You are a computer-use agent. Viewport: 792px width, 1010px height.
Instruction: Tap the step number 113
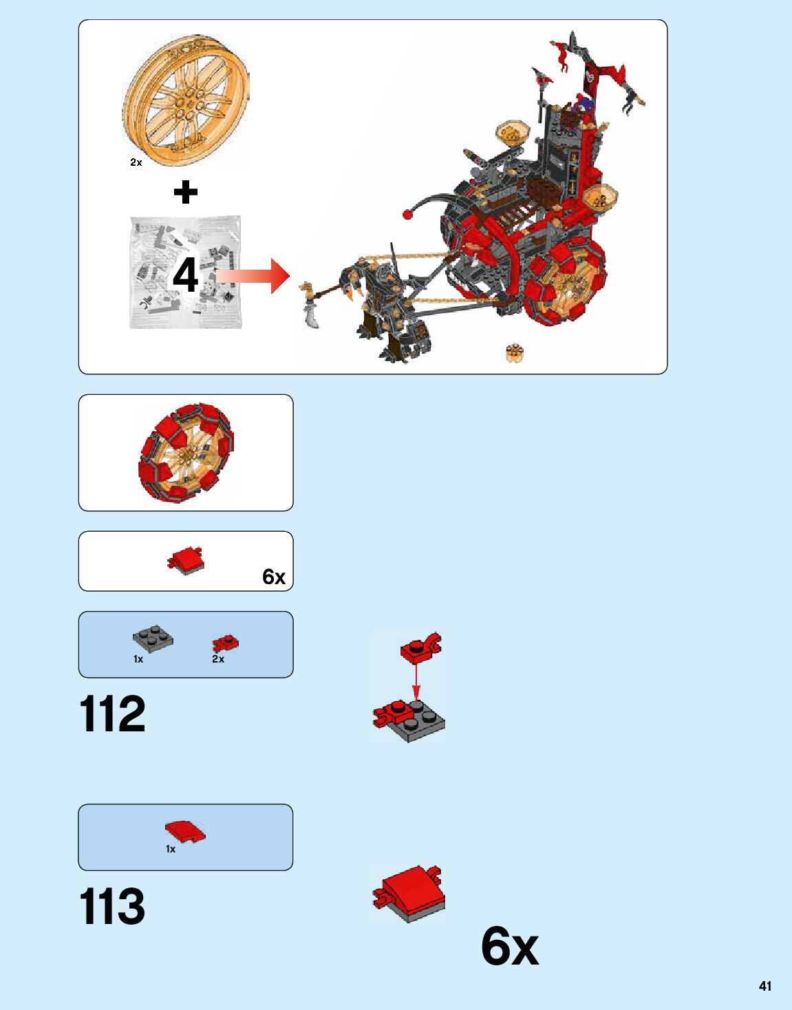[113, 906]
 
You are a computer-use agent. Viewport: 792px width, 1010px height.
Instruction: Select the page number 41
[764, 986]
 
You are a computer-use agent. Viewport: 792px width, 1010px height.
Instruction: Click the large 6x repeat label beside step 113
[509, 947]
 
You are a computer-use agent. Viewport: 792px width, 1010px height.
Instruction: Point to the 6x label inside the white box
[273, 577]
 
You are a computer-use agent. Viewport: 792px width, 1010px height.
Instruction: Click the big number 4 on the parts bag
[185, 275]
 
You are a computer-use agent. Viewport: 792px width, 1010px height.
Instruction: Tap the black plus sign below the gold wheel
[185, 192]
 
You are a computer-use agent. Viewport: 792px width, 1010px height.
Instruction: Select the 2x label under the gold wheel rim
[136, 162]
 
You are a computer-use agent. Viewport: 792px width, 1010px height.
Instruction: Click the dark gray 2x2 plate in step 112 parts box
[153, 638]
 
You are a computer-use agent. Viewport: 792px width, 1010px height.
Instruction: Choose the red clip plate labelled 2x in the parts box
[225, 643]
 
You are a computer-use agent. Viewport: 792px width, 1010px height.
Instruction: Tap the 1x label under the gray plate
[138, 659]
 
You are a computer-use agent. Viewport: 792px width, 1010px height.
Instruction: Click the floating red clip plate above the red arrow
[420, 648]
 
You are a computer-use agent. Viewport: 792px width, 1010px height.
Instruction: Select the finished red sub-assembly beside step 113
[409, 894]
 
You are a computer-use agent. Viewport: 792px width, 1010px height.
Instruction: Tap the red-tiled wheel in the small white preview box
[186, 452]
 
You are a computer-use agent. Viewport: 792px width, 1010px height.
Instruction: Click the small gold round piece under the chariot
[514, 353]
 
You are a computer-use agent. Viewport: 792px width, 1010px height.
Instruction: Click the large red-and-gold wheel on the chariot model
[566, 283]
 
